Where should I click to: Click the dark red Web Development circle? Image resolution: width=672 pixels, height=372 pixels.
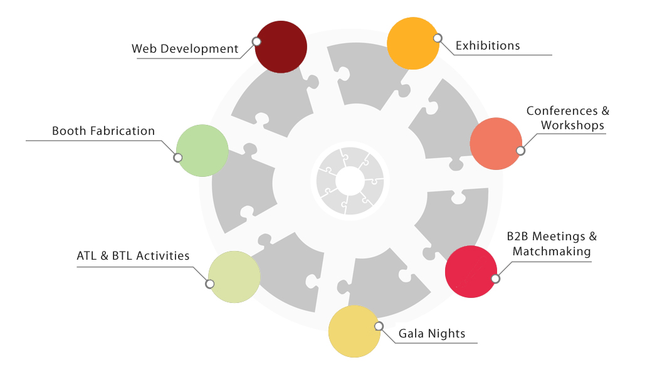coord(281,47)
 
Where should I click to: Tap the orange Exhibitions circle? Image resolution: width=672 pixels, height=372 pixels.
coord(412,43)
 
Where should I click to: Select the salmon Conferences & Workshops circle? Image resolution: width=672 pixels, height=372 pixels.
coord(495,143)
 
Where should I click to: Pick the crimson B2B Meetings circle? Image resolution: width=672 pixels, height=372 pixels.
coord(471,272)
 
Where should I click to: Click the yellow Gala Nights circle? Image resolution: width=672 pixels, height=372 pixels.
coord(354,331)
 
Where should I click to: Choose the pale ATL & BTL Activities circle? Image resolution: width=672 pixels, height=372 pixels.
coord(234,277)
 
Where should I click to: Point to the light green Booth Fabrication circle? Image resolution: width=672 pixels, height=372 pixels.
coord(202,151)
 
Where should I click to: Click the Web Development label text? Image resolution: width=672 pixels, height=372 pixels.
coord(185,49)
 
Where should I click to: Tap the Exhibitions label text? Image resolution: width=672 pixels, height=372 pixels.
coord(488,46)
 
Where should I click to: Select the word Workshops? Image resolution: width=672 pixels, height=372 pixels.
coord(572,125)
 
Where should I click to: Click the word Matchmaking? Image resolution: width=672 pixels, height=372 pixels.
coord(552,252)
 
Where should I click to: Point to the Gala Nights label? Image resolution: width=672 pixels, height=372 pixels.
coord(432,334)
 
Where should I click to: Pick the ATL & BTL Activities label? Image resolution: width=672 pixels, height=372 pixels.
coord(133,256)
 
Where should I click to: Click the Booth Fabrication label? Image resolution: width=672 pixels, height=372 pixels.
coord(103,131)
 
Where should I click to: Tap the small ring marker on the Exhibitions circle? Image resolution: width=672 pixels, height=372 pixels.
coord(437,38)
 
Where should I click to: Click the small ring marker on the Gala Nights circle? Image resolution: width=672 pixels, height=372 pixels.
coord(378,326)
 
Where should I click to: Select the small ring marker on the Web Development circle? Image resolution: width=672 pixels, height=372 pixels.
coord(256,41)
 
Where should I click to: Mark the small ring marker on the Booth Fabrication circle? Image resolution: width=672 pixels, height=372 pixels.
coord(178,157)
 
